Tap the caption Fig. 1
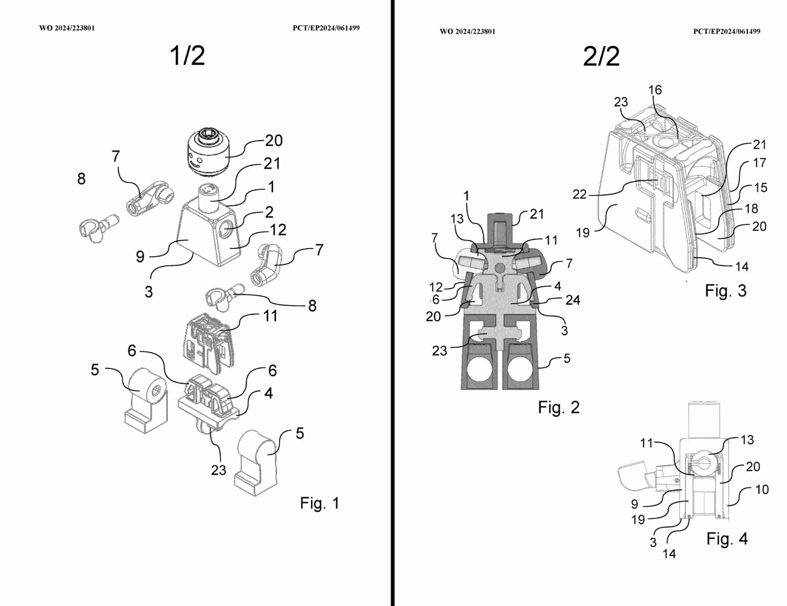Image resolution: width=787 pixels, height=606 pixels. point(320,503)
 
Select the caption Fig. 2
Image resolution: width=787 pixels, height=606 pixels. point(559,407)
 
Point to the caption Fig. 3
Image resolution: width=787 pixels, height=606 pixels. point(726,290)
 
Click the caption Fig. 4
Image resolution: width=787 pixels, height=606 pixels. point(727,539)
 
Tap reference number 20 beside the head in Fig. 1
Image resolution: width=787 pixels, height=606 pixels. point(274,141)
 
